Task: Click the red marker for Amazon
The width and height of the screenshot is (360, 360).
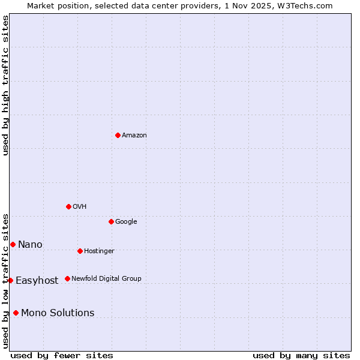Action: coord(118,135)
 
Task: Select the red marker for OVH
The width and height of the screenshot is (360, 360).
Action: coord(68,206)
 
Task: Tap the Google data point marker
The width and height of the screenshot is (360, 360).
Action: coord(111,221)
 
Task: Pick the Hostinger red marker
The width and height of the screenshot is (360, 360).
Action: coord(80,251)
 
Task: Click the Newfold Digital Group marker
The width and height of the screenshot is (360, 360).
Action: coord(67,278)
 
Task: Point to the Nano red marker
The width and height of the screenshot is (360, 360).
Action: coord(13,244)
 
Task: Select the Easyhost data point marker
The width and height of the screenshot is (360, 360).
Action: coord(10,280)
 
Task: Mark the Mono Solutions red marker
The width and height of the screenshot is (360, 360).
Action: coord(16,313)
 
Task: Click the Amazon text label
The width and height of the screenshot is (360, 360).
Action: coord(134,136)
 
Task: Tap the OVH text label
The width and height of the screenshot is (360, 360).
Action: coord(80,207)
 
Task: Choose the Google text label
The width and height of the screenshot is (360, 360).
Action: coord(126,222)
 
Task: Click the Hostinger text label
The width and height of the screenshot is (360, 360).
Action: coord(99,251)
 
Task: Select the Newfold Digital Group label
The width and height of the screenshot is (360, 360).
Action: coord(107,279)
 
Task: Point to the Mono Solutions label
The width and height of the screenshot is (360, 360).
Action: coord(58,313)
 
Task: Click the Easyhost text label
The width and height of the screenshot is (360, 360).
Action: coord(37,281)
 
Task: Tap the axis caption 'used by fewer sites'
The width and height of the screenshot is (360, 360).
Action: coord(62,355)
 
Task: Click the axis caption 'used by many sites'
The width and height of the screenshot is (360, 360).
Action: coord(301,355)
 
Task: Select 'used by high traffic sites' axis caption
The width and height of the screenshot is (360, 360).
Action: coord(5,85)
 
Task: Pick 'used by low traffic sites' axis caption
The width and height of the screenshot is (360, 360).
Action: coord(5,281)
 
